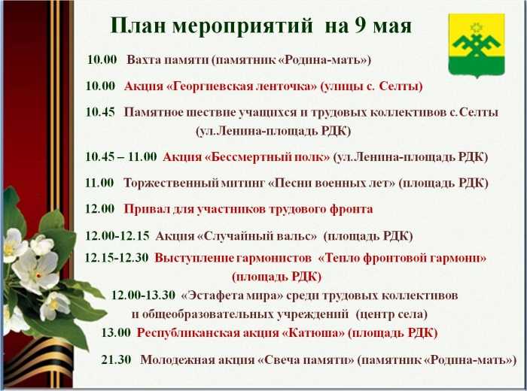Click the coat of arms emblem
(x=477, y=46)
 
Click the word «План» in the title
(x=138, y=26)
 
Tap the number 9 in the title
(x=360, y=26)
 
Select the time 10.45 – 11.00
(x=121, y=156)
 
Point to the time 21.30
(x=116, y=359)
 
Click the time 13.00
(x=116, y=332)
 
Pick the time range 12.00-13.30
(x=143, y=296)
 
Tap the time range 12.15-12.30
(x=117, y=258)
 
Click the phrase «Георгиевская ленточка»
(x=242, y=86)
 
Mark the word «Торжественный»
(x=171, y=183)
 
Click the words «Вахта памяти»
(x=167, y=60)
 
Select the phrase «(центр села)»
(x=391, y=314)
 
